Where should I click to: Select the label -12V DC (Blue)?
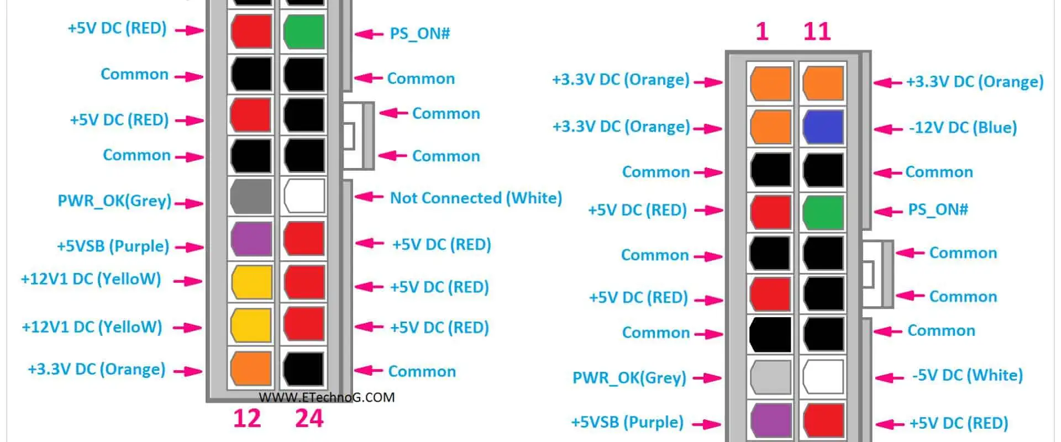[963, 128]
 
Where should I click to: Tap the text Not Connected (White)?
[476, 198]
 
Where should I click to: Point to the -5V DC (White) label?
[967, 376]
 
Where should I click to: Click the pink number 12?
[246, 418]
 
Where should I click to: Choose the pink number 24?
[309, 418]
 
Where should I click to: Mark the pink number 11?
[817, 31]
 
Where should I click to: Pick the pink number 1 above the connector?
[762, 31]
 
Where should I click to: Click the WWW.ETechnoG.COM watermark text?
[327, 397]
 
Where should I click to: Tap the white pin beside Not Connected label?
[304, 196]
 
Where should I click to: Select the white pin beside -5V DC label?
[823, 376]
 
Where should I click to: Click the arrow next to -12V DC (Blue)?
[889, 129]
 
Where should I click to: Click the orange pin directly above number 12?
[251, 368]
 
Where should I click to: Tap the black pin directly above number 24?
[304, 368]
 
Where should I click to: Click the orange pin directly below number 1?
[770, 83]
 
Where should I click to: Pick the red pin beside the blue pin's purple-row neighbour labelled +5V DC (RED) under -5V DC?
[823, 420]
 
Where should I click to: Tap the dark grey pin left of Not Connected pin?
[251, 196]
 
